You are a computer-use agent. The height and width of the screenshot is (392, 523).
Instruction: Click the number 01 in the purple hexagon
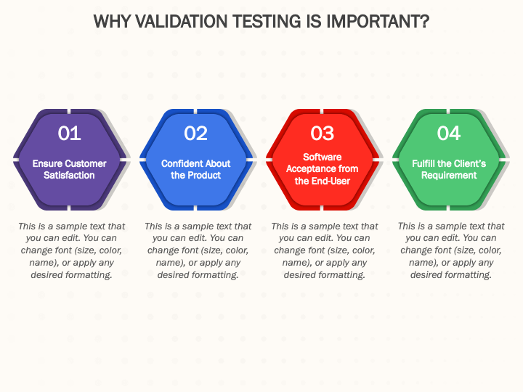click(x=70, y=134)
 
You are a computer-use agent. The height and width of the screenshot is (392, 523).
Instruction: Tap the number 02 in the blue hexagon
click(x=196, y=134)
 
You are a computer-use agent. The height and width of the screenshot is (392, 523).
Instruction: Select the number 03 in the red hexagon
click(x=323, y=134)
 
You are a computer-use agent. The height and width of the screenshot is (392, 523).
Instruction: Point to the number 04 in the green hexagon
click(x=449, y=134)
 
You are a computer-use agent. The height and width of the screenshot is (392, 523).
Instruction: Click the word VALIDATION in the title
click(x=182, y=21)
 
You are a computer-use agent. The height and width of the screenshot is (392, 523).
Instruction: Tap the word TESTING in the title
click(x=267, y=21)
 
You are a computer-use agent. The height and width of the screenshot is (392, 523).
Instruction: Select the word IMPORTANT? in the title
click(x=378, y=21)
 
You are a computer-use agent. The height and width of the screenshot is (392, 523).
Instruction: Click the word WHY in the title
click(x=113, y=21)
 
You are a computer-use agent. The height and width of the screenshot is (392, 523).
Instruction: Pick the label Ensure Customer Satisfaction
click(x=70, y=169)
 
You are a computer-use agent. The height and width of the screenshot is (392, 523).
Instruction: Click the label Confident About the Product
click(x=196, y=169)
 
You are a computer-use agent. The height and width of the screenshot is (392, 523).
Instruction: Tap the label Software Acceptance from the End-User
click(x=323, y=169)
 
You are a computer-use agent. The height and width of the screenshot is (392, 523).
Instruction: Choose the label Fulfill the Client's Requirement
click(x=449, y=169)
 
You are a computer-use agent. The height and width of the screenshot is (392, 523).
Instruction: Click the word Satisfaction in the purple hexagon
click(x=70, y=176)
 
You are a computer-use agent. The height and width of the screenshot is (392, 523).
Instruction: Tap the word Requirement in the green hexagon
click(x=449, y=176)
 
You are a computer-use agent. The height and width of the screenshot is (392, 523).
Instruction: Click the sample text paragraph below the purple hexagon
click(x=71, y=250)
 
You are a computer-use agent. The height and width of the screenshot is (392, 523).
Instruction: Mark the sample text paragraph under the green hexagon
click(x=451, y=250)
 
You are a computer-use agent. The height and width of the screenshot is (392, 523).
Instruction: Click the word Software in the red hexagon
click(x=323, y=157)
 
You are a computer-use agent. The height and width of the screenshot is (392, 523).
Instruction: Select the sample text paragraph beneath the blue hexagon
click(x=198, y=250)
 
